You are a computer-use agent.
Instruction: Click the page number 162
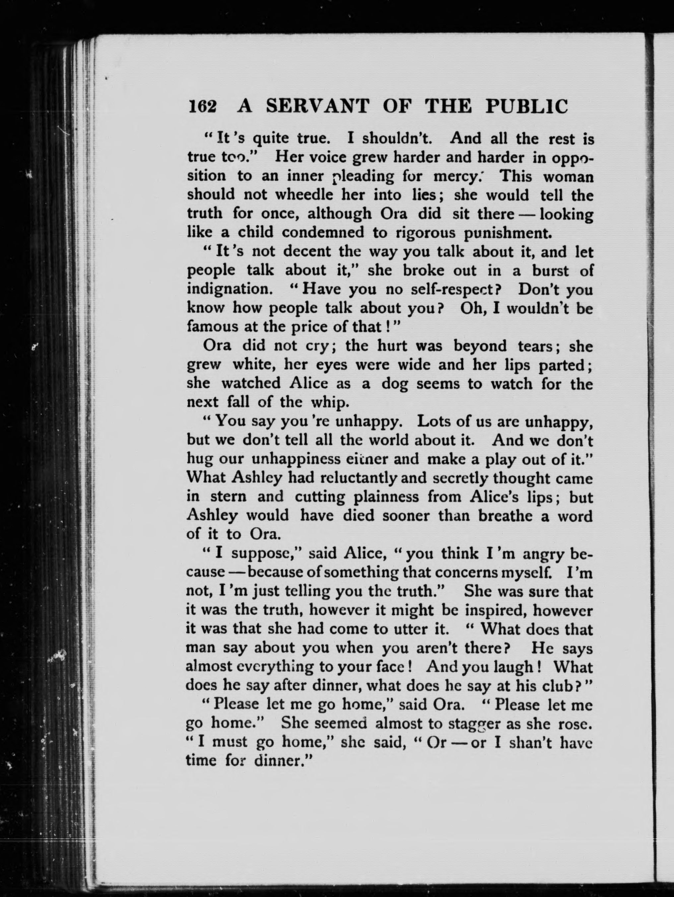pyautogui.click(x=202, y=107)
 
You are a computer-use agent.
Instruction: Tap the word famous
pyautogui.click(x=210, y=327)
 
